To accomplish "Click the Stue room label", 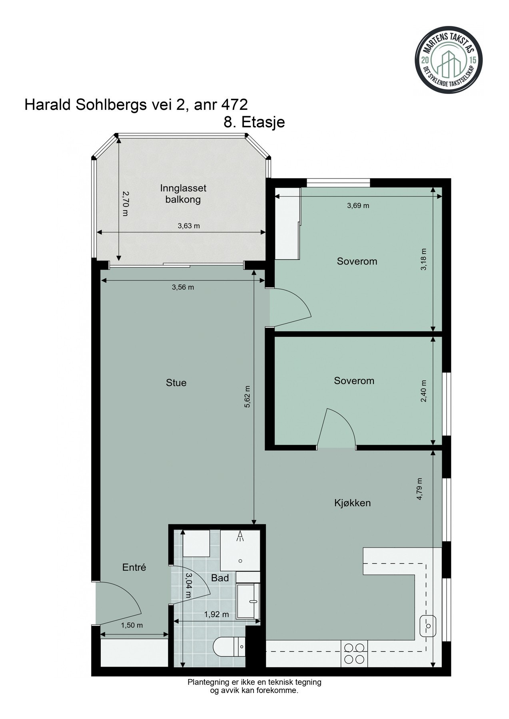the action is click(x=176, y=383).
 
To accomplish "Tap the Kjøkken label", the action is click(x=352, y=503).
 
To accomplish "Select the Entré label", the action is click(x=134, y=567).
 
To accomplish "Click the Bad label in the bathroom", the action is click(x=220, y=578).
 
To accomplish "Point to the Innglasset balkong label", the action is click(x=183, y=193).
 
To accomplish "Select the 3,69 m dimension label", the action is click(x=358, y=206).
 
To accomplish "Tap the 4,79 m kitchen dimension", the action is click(x=419, y=489).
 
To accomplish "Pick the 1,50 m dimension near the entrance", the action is click(x=132, y=626).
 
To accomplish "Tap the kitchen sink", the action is click(x=428, y=626).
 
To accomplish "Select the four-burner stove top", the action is click(x=354, y=653).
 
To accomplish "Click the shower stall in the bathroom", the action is click(x=240, y=550).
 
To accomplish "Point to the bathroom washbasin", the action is click(x=248, y=601).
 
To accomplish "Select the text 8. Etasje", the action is click(x=254, y=122).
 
